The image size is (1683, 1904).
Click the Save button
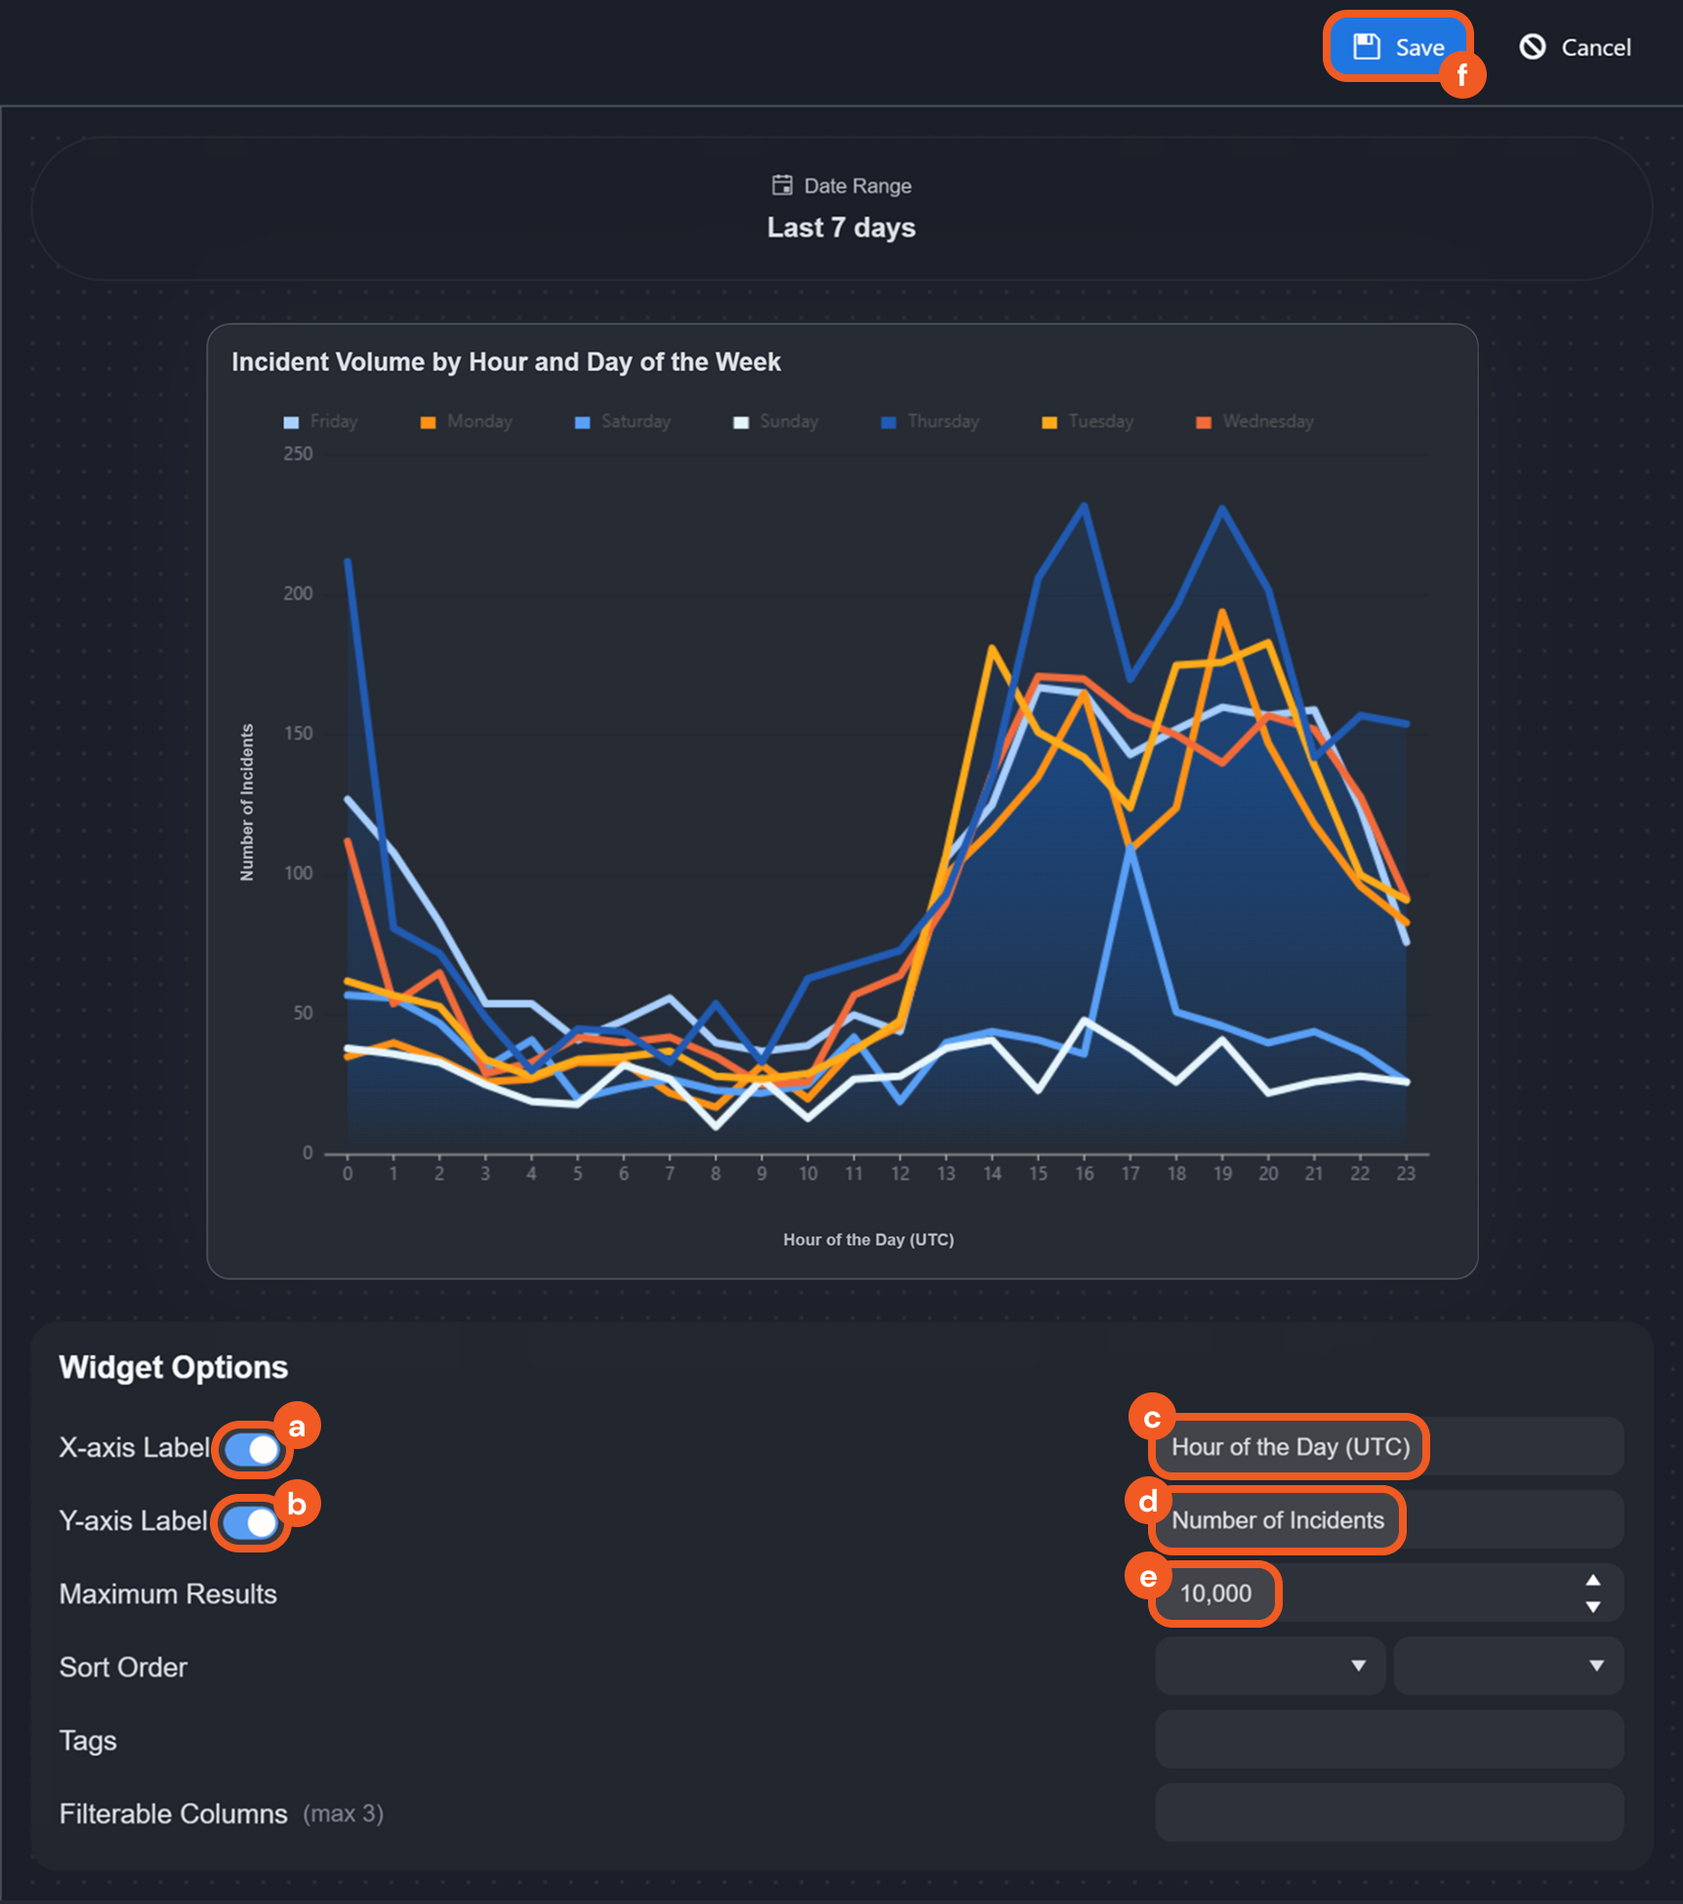(1398, 47)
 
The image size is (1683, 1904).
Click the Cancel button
(1576, 47)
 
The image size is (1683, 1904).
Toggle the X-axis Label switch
(252, 1450)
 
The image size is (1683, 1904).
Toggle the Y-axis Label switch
(251, 1522)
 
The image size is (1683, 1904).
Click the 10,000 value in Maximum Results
(1215, 1594)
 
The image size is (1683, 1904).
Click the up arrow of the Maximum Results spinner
(1592, 1581)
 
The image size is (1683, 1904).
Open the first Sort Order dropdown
(1269, 1666)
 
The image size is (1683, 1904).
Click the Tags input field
(1388, 1739)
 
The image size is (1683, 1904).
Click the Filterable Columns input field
(1388, 1812)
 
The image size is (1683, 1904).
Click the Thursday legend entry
(930, 422)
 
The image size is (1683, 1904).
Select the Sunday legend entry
(776, 422)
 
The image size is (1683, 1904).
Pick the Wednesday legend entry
(1255, 422)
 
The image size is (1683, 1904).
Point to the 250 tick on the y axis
(298, 454)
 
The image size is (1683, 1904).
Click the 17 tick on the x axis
(1130, 1174)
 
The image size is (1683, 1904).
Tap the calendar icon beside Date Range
(782, 186)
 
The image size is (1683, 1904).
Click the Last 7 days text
(841, 228)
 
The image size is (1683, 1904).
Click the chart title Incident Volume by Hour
(506, 362)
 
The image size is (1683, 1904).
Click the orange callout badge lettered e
(1148, 1577)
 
